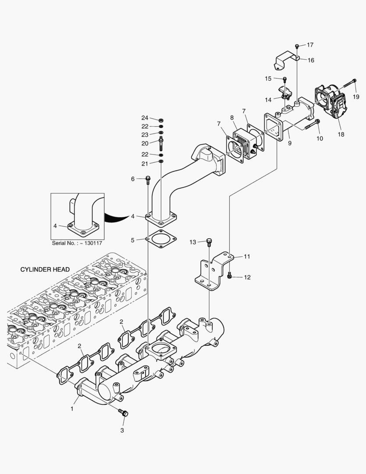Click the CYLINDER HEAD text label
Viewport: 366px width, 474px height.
coord(45,269)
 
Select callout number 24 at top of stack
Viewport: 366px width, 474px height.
coord(145,118)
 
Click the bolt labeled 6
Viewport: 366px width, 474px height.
coord(148,179)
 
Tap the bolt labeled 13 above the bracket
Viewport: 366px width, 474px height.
coord(209,242)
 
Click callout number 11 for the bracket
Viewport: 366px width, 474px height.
coord(247,256)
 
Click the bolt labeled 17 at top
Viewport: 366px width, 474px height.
coord(297,46)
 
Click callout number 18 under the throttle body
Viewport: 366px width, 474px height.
coord(341,134)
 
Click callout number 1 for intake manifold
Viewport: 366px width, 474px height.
coord(72,408)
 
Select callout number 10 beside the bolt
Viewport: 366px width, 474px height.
coord(320,138)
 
